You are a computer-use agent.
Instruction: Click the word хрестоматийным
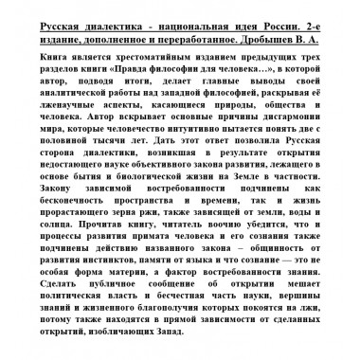[124, 57]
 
